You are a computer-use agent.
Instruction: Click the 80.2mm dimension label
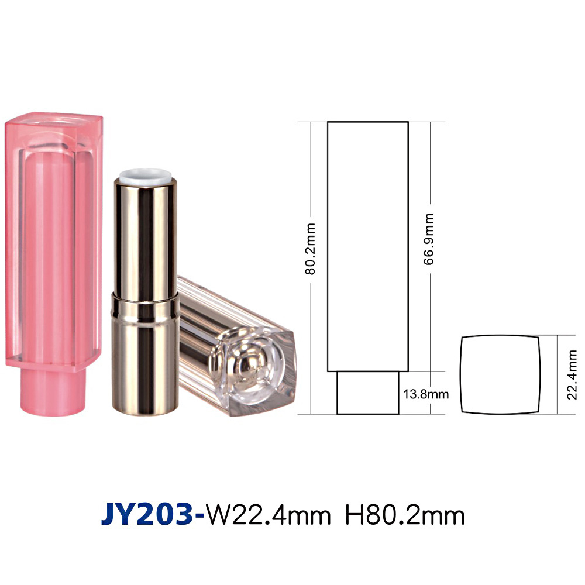pyautogui.click(x=311, y=249)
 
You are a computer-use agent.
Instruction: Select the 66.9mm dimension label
pyautogui.click(x=429, y=239)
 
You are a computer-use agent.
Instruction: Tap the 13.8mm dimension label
pyautogui.click(x=426, y=394)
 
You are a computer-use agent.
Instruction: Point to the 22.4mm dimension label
pyautogui.click(x=572, y=375)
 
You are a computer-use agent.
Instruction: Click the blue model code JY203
pyautogui.click(x=147, y=515)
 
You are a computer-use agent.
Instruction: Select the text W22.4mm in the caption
pyautogui.click(x=269, y=515)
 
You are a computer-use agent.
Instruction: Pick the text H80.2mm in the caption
pyautogui.click(x=405, y=515)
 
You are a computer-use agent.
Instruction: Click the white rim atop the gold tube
pyautogui.click(x=146, y=176)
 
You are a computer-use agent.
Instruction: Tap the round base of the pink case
pyautogui.click(x=53, y=392)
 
